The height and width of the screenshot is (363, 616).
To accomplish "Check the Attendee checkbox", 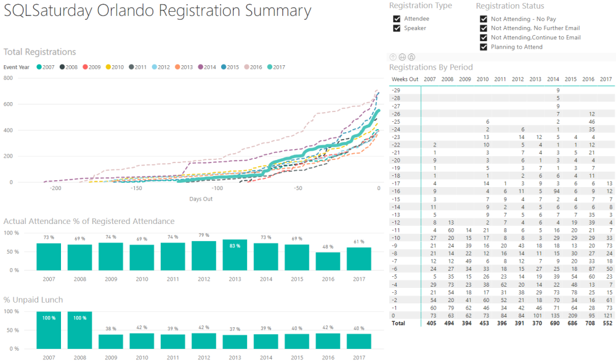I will (397, 19).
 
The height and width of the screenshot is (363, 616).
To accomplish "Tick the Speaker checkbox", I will (397, 28).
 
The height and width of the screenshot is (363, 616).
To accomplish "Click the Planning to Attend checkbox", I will (484, 47).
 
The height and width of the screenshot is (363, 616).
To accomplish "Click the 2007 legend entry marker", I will (39, 67).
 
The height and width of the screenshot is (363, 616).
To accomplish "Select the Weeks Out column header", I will (405, 79).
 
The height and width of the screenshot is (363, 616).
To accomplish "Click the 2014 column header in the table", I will (553, 79).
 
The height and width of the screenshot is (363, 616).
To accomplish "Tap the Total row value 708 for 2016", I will (588, 322).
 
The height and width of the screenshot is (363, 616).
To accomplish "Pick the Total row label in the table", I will (399, 322).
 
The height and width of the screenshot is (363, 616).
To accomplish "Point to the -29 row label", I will (396, 90).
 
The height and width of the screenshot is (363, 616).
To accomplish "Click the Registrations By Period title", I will (431, 67).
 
